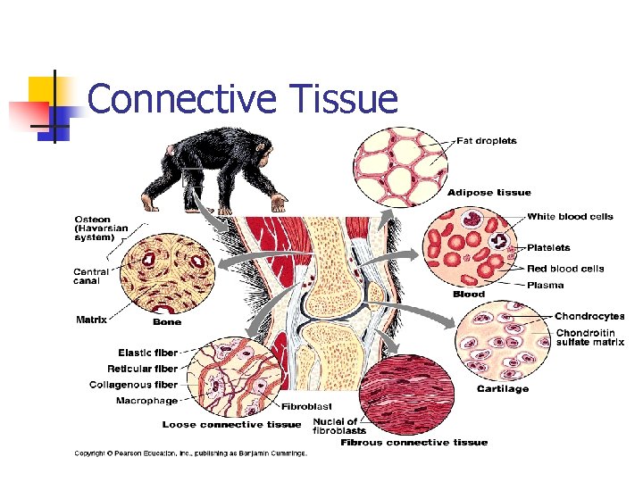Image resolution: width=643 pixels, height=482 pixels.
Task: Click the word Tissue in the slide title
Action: [343, 98]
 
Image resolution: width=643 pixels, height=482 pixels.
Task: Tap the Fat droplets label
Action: [487, 141]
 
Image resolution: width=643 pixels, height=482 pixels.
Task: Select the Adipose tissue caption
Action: [489, 192]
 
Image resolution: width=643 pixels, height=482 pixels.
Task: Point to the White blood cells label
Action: [570, 217]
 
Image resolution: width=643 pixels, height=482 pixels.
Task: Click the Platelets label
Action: [548, 247]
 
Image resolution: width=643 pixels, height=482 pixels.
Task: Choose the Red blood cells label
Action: [565, 268]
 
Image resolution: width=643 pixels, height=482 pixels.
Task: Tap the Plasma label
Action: [545, 286]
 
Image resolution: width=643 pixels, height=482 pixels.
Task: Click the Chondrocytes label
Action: [589, 316]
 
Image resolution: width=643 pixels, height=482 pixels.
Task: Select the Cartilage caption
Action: [502, 388]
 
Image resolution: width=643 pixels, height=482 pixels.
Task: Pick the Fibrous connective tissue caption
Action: [413, 442]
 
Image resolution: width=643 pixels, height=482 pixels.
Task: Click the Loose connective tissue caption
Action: [231, 424]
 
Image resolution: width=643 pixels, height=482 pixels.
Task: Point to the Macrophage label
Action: [146, 401]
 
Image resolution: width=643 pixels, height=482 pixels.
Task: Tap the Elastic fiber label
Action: [148, 353]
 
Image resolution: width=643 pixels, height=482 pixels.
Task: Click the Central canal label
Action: [91, 277]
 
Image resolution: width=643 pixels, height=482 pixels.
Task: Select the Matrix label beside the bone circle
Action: [91, 318]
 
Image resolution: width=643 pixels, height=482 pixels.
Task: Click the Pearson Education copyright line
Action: [189, 453]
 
